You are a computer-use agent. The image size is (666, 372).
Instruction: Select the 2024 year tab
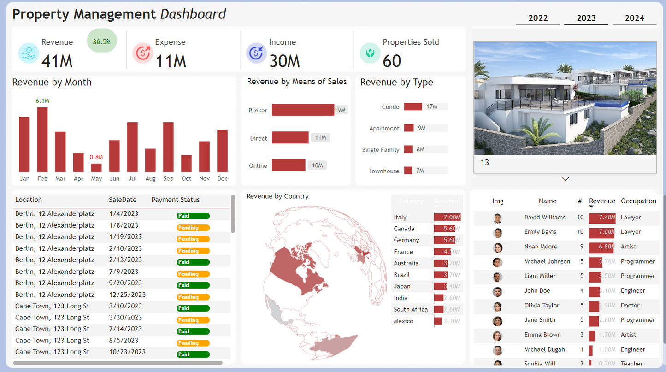(634, 18)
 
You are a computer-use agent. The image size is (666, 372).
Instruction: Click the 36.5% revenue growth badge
(102, 41)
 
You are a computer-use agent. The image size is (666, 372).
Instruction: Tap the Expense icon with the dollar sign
(142, 53)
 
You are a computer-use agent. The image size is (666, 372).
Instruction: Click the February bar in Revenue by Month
(42, 140)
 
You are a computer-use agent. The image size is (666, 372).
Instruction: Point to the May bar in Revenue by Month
(96, 168)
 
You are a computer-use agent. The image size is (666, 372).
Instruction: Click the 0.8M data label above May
(96, 157)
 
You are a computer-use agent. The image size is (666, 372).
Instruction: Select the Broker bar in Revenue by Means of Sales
(302, 110)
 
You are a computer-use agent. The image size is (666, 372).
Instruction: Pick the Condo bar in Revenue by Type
(413, 106)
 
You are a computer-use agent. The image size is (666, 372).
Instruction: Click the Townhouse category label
(384, 171)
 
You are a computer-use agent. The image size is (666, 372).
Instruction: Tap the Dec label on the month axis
(222, 178)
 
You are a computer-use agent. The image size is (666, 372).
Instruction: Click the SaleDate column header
(123, 200)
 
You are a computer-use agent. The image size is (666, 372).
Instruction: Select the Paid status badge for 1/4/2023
(193, 216)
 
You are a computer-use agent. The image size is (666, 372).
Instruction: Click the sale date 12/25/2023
(127, 295)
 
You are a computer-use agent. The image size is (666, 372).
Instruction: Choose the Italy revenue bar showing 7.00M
(447, 217)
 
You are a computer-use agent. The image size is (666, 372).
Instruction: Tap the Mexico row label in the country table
(403, 321)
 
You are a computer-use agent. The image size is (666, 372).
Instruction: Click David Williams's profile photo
(497, 218)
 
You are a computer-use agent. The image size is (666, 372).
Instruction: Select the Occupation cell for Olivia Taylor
(630, 305)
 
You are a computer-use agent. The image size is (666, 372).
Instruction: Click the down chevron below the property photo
(565, 179)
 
